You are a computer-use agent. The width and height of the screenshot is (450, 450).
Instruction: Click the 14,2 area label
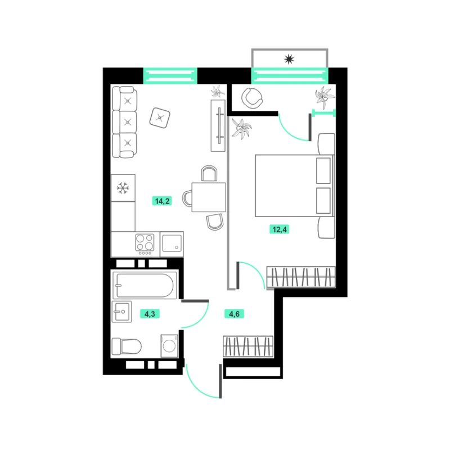point(162,201)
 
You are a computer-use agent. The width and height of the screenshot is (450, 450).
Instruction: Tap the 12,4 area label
point(279,229)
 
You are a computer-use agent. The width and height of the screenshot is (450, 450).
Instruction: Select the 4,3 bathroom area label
point(150,314)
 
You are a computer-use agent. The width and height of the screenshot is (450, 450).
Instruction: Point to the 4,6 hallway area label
point(234,314)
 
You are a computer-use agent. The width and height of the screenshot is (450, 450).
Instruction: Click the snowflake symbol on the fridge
point(123,188)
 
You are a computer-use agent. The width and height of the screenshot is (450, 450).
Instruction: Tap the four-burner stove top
point(145,244)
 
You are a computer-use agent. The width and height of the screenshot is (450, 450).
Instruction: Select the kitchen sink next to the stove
point(172,244)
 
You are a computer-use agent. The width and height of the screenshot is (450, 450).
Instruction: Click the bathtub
point(145,285)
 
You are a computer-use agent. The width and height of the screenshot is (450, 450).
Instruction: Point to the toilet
point(126,346)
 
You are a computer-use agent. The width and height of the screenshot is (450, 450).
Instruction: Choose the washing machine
point(169,346)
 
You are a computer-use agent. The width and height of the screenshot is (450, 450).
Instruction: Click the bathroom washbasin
point(121,312)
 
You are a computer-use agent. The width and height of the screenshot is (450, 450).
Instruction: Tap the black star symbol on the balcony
point(289,59)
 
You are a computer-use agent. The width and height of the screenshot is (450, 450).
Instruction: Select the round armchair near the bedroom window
point(252,98)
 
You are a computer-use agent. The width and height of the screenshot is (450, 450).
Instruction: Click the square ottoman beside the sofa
point(160,118)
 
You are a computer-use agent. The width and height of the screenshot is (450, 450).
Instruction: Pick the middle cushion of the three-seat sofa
point(124,122)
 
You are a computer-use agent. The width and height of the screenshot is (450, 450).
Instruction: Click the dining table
point(208,197)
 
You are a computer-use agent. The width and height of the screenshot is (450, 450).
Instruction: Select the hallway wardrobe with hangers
point(248,346)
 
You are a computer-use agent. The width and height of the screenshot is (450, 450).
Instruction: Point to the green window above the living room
point(170,76)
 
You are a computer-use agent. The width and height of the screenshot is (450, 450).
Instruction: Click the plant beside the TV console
point(218,91)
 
